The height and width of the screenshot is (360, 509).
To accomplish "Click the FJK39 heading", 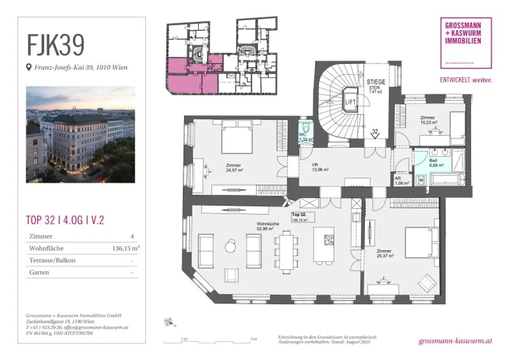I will coord(56,45).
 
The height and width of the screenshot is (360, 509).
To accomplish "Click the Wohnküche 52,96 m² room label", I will coord(267,227).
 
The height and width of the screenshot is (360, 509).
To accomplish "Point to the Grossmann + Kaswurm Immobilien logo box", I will coord(466,43).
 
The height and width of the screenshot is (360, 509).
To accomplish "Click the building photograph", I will coord(81,134).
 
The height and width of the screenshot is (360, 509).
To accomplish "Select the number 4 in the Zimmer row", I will coord(131,236).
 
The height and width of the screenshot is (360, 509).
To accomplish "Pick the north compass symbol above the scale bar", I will coord(170,322).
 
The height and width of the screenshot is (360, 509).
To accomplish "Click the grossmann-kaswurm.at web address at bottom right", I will coord(455,341).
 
